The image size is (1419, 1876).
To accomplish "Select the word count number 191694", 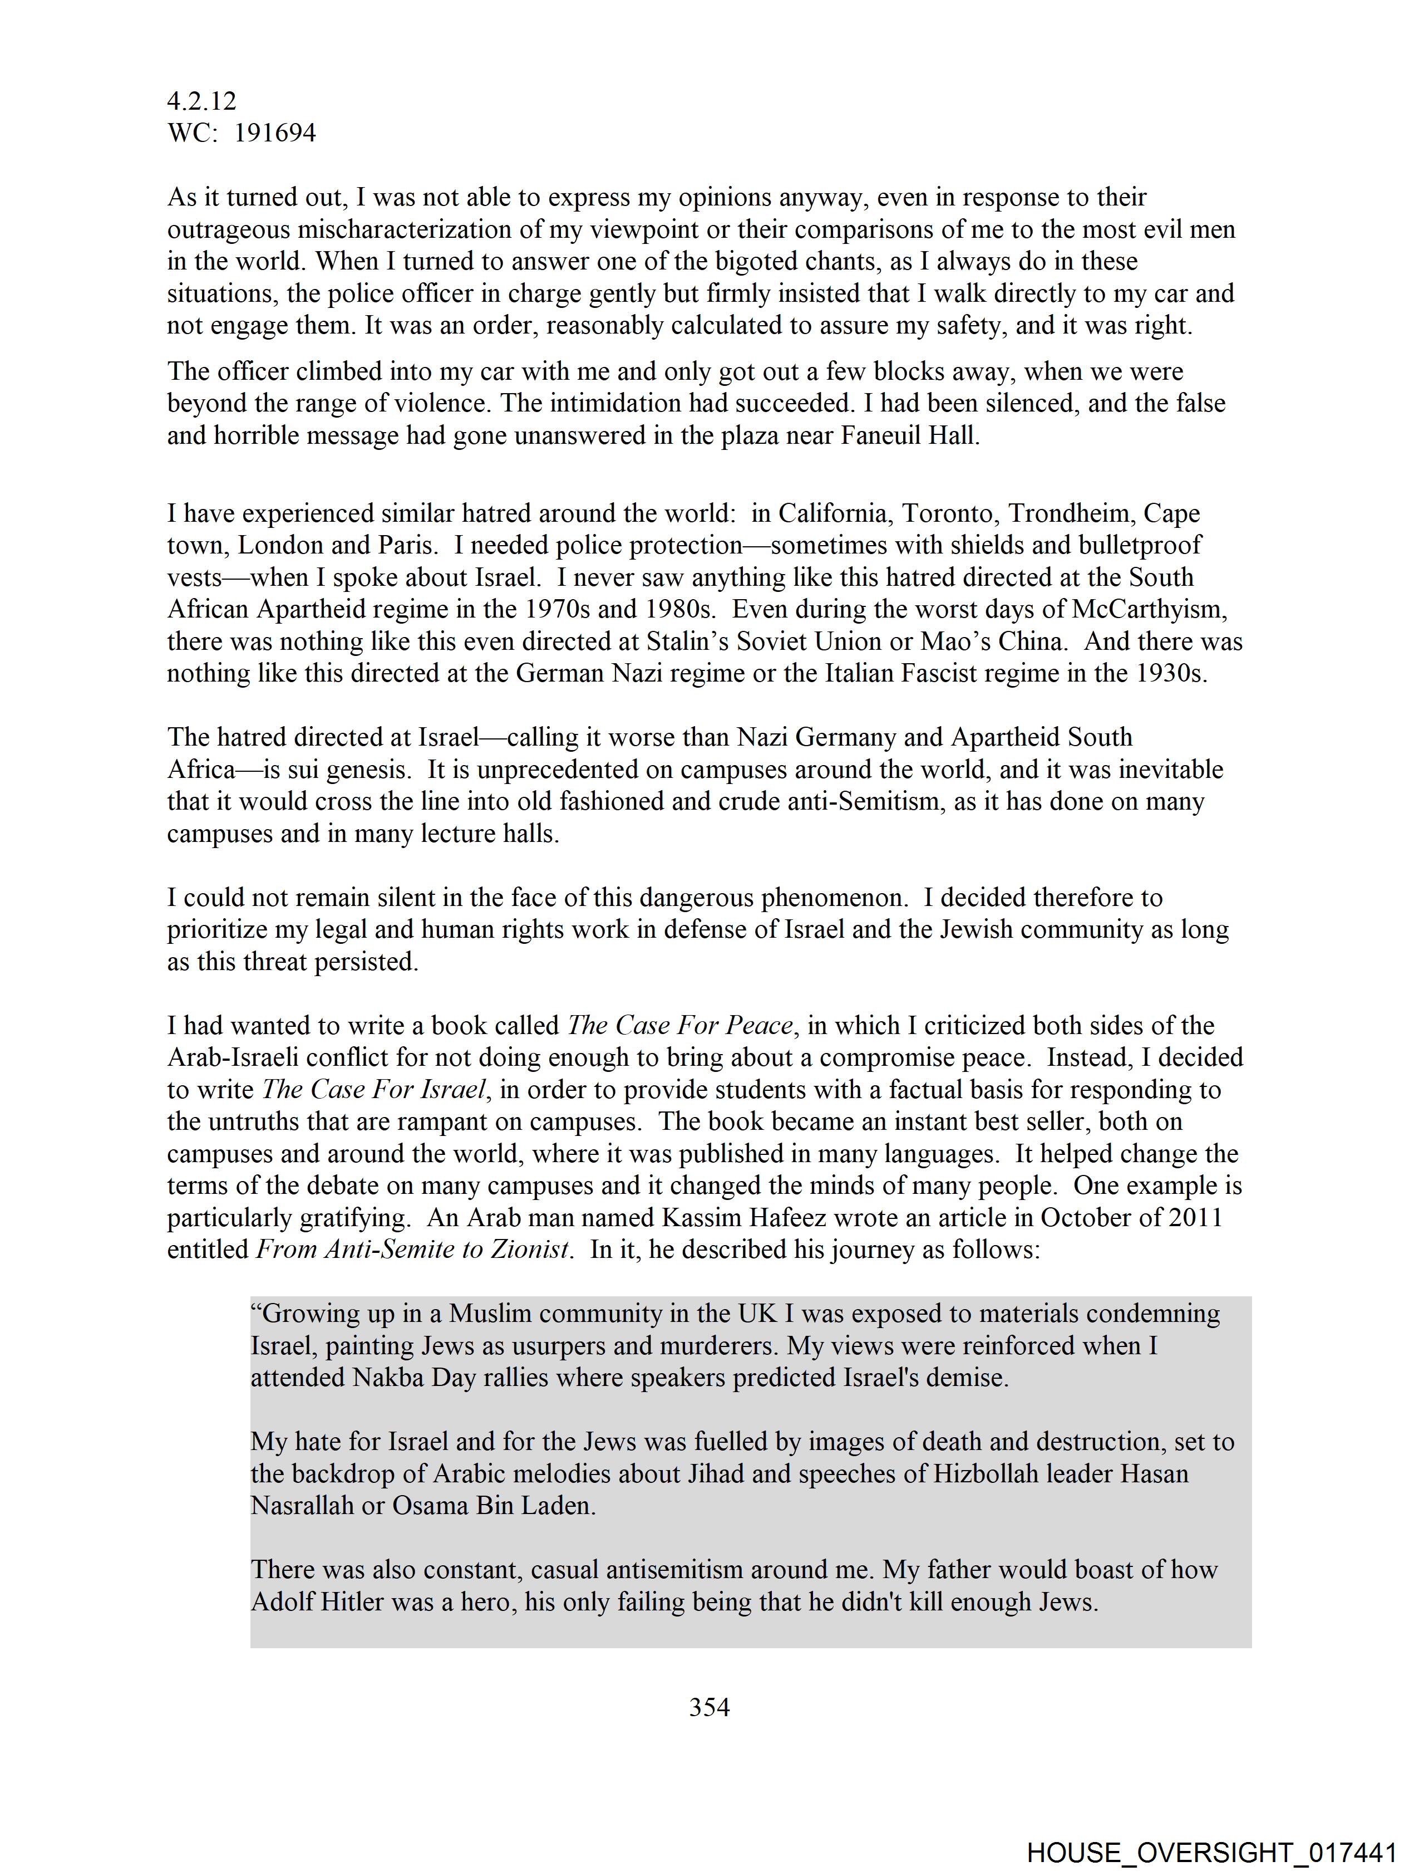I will pyautogui.click(x=275, y=133).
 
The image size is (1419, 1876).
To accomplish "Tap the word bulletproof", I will pyautogui.click(x=1140, y=545).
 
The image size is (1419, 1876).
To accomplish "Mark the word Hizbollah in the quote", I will pyautogui.click(x=986, y=1473).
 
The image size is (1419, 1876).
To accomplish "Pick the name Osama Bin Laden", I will pyautogui.click(x=492, y=1505).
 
